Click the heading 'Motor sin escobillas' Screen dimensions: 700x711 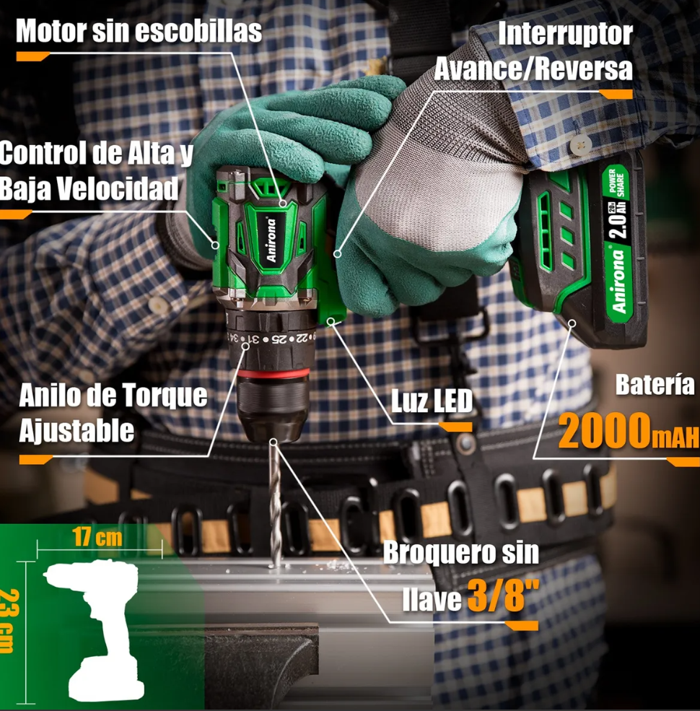pos(139,31)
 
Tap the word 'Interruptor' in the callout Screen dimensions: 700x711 pos(565,33)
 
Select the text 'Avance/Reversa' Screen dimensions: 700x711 pos(533,69)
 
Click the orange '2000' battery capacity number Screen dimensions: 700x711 pos(604,430)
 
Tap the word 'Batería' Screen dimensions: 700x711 pos(655,385)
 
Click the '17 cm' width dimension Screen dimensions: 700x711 pos(97,537)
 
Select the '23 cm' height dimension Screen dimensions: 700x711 pos(9,621)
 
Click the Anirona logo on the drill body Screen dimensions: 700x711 pos(271,240)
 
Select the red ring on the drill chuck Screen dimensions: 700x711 pos(274,374)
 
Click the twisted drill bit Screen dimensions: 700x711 pos(275,503)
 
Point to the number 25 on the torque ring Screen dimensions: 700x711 pos(281,339)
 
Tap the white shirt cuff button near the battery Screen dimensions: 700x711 pos(580,144)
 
